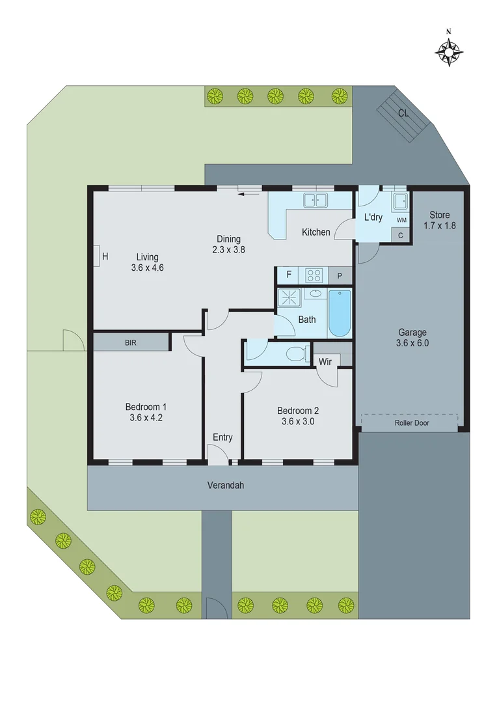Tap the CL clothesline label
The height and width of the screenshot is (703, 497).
[x=403, y=113]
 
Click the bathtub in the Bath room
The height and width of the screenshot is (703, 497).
[x=340, y=313]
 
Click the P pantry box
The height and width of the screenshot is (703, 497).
[x=340, y=276]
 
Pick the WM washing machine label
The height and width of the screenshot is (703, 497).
[x=401, y=221]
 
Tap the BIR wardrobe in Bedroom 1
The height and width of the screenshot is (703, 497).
[x=131, y=342]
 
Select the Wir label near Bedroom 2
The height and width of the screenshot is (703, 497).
[x=325, y=361]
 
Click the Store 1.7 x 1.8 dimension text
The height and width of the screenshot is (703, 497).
[x=439, y=226]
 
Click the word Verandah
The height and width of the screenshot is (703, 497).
[x=225, y=485]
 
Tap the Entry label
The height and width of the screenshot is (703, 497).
[x=222, y=437]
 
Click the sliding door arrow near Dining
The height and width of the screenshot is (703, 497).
[x=248, y=193]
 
